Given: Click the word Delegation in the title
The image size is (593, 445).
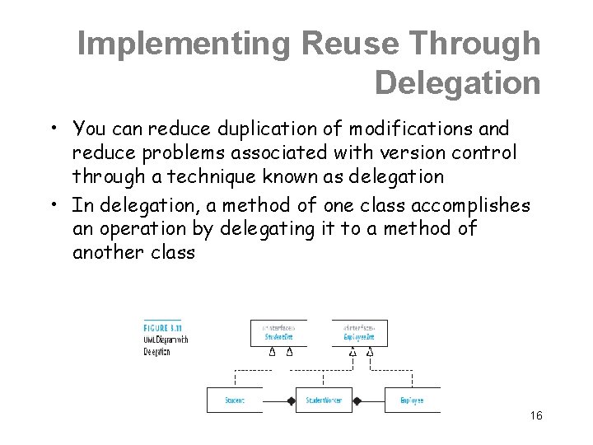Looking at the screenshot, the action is point(457,83).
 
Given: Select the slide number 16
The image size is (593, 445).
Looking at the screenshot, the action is point(536,416).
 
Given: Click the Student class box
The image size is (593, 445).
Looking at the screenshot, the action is point(234,400).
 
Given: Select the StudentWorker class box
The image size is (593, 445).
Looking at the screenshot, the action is point(324,400).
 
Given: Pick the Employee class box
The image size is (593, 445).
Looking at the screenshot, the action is point(412,400).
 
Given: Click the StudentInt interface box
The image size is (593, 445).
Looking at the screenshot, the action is point(278,332).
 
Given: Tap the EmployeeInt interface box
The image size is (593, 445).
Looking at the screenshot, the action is point(359,332).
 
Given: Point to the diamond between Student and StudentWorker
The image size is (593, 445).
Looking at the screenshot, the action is point(289,400).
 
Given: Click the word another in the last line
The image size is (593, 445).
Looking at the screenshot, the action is point(107,252).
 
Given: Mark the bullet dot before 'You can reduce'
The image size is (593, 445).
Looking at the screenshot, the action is point(52,129).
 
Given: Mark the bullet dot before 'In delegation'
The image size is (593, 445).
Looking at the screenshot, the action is point(52,204).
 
